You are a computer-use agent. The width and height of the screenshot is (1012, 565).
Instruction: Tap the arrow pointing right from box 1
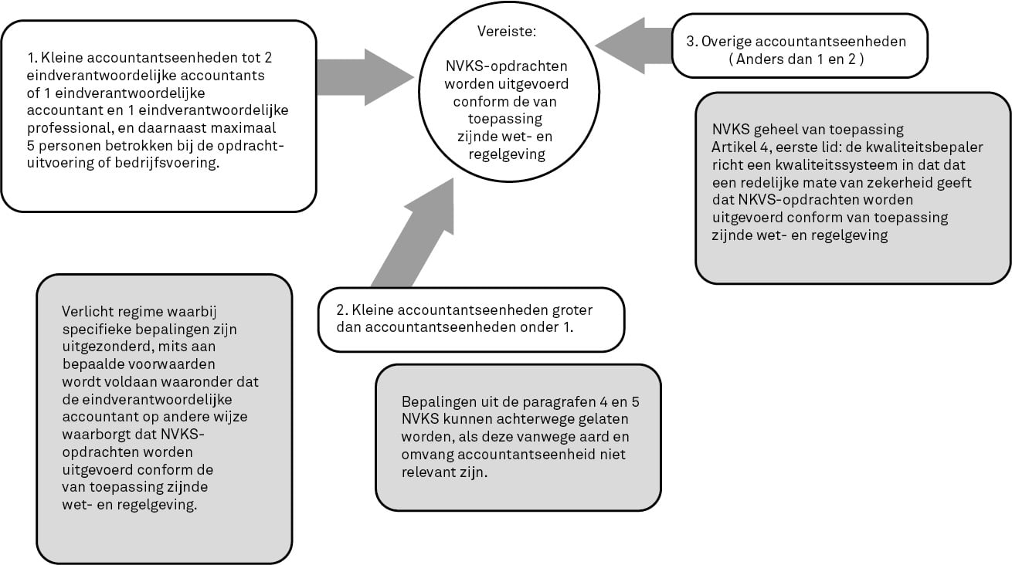365,77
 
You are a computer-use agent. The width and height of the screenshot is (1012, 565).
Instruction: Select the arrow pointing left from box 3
633,46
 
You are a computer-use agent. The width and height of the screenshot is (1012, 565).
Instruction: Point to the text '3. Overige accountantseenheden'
796,41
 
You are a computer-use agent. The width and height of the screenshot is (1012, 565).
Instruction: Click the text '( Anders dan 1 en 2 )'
796,59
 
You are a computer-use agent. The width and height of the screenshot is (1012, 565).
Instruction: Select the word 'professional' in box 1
67,128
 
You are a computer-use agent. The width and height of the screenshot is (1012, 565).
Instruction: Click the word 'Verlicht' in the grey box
88,311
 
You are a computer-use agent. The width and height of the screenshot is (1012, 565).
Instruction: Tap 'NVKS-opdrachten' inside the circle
507,66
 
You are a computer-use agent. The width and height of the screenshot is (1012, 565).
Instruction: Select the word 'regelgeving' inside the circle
507,154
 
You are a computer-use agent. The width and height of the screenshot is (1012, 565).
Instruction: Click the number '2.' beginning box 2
342,310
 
